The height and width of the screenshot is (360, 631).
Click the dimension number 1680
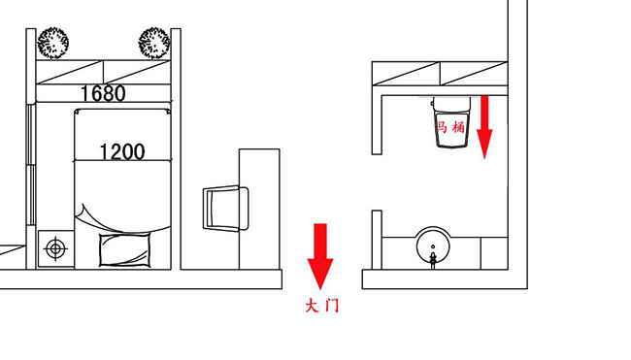[x=103, y=93]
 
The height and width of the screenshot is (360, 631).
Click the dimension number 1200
[x=122, y=152]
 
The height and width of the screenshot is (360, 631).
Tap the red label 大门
[x=322, y=306]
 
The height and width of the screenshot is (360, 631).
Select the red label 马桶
[x=451, y=127]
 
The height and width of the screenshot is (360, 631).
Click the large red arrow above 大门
[x=320, y=256]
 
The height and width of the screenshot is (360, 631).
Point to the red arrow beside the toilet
[x=484, y=127]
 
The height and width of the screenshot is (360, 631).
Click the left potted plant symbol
[x=52, y=43]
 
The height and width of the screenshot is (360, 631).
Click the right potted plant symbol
[x=153, y=43]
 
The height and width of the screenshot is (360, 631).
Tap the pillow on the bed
[x=125, y=249]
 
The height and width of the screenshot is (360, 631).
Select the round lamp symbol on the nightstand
[x=55, y=248]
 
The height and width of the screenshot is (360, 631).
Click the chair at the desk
[x=225, y=209]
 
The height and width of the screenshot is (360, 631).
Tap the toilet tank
[x=451, y=104]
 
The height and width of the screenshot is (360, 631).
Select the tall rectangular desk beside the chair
[x=259, y=209]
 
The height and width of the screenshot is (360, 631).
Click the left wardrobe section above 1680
[x=70, y=73]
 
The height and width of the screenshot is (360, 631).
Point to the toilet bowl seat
[x=452, y=129]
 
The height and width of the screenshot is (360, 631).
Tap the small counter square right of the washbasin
[x=494, y=253]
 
